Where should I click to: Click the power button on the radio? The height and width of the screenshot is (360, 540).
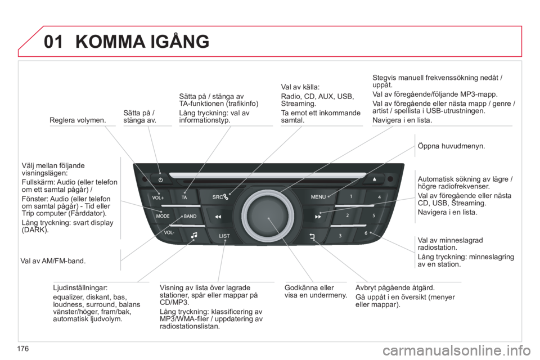(161, 180)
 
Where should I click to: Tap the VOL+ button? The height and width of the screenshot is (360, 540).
(159, 198)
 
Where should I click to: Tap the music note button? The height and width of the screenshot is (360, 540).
(194, 236)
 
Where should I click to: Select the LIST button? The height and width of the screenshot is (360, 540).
(225, 235)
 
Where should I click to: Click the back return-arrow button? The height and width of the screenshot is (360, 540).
(313, 236)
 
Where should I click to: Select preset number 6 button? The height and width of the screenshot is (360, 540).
(366, 233)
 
